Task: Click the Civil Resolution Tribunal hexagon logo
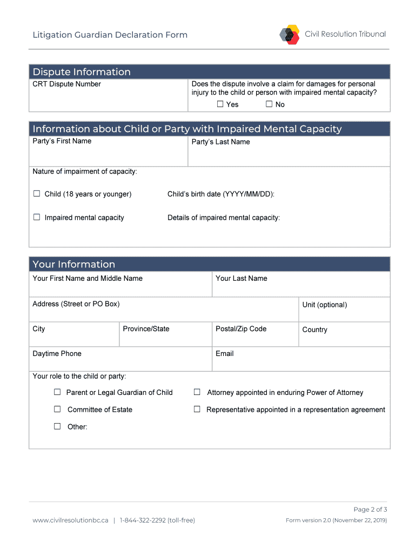pos(290,35)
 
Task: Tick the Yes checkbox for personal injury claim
pos(220,104)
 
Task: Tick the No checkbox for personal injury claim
pos(269,104)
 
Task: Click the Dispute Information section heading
pos(82,72)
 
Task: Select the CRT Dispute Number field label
pos(66,84)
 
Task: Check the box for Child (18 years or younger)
pos(37,194)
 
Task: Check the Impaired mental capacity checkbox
pos(37,217)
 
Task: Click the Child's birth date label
pos(220,194)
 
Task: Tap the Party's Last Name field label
pos(220,142)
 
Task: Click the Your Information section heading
pos(73,264)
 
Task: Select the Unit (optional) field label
pos(324,305)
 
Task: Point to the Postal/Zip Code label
pos(241,328)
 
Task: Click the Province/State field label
pos(146,328)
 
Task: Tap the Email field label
pos(224,353)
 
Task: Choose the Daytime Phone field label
pos(57,353)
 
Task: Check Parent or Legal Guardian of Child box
pos(57,392)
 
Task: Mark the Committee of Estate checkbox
pos(57,410)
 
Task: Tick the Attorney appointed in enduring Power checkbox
pos(197,392)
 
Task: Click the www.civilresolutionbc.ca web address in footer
pos(70,520)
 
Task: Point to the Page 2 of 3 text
pos(370,509)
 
